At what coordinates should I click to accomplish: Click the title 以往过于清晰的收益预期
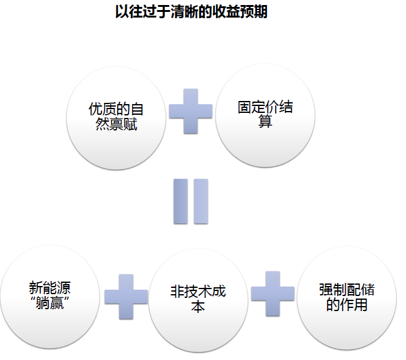tap(192, 12)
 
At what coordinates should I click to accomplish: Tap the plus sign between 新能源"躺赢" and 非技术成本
tap(125, 295)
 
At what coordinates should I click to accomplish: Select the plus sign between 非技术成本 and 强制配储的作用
tap(273, 293)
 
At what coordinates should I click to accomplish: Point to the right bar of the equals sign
tap(200, 201)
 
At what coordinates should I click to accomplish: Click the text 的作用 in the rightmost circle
tap(346, 305)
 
